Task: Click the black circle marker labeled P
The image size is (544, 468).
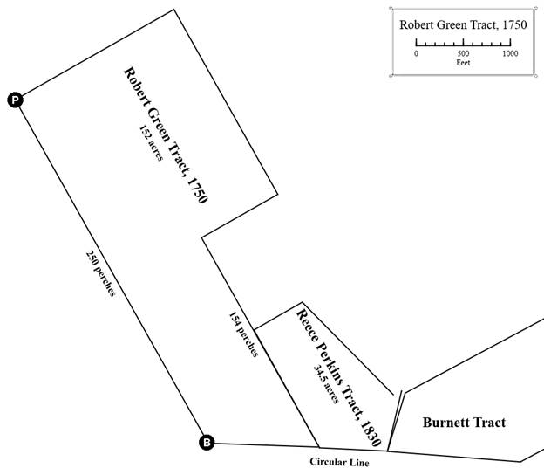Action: (x=15, y=100)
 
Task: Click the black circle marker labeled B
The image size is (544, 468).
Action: (x=207, y=443)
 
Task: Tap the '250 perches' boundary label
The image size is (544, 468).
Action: (x=100, y=273)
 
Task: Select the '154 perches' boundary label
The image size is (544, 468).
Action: (x=243, y=334)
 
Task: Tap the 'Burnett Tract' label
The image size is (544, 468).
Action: (x=464, y=423)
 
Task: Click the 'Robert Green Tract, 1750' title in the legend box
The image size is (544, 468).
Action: (x=462, y=24)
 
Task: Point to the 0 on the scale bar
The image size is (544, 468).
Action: (x=416, y=53)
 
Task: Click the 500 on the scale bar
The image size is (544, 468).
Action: (x=463, y=53)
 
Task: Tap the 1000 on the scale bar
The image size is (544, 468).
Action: (x=510, y=53)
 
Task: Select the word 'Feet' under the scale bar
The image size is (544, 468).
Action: (x=463, y=63)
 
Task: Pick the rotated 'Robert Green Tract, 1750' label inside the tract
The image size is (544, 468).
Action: (x=166, y=135)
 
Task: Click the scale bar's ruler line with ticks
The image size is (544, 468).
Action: (x=463, y=42)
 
